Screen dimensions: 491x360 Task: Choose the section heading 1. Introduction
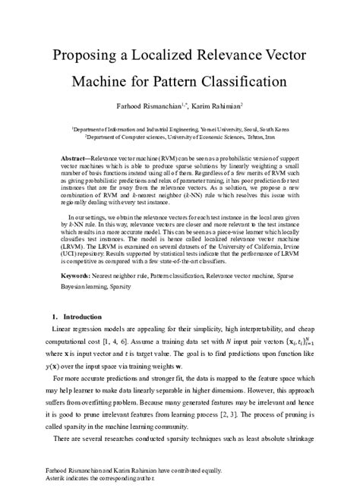point(71,315)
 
